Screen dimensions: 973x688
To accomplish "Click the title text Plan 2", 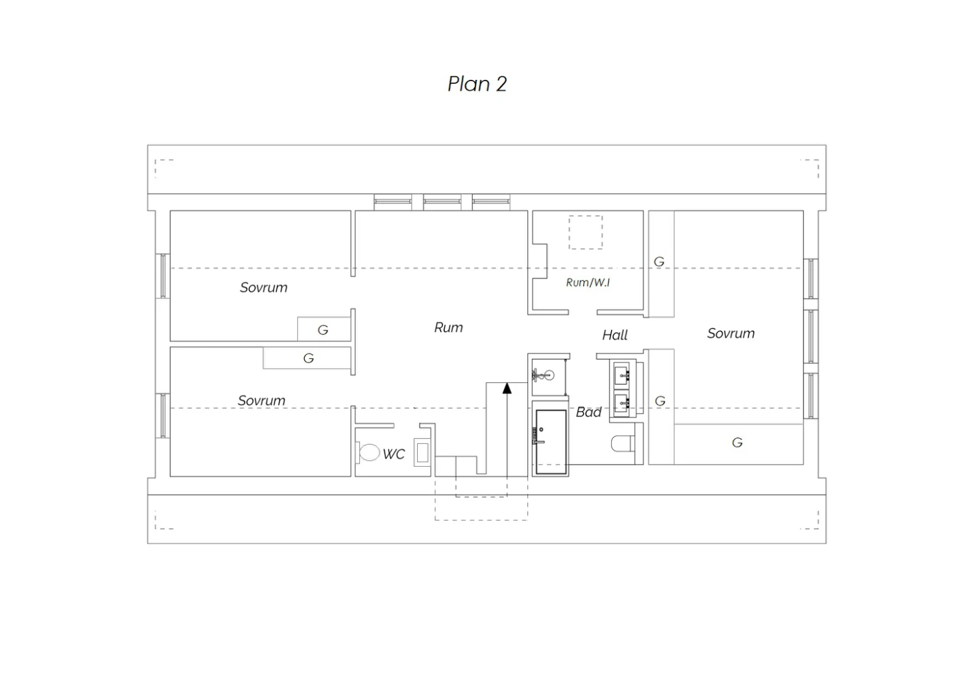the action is [x=477, y=84].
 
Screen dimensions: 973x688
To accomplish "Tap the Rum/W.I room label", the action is [x=588, y=282].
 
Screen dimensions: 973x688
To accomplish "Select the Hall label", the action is [x=615, y=335].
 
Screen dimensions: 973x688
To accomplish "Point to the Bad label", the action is [x=588, y=412].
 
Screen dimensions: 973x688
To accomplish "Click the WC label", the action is [x=394, y=454].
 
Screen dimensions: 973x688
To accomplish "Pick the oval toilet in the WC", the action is [x=368, y=452].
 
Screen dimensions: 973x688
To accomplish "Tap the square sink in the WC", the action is [x=422, y=452].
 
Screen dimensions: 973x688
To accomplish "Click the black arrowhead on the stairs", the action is [x=507, y=388].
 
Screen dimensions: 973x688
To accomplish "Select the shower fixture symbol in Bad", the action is [x=544, y=375].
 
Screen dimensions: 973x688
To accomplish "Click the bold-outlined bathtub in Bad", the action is [x=551, y=442].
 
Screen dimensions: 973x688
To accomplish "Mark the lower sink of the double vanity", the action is [x=621, y=404].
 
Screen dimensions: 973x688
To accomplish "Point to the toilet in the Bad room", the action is [x=623, y=444].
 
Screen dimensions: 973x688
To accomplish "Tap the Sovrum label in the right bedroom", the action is [x=730, y=334].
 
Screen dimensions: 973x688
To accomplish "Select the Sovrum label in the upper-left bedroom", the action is [x=263, y=288].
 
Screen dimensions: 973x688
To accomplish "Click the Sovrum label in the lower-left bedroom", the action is [x=261, y=400].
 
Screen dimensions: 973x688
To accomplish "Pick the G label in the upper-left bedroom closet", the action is [x=323, y=330].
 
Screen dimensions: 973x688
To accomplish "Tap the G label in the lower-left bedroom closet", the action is [x=308, y=358].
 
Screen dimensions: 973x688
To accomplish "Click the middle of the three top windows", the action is [x=442, y=202].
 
